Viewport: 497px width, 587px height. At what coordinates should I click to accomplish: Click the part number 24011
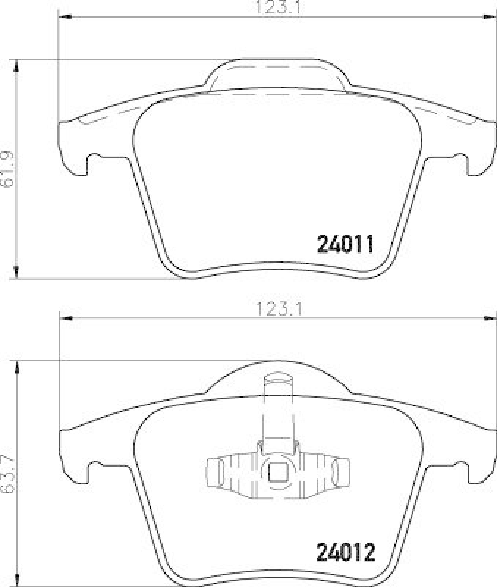pos(345,244)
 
